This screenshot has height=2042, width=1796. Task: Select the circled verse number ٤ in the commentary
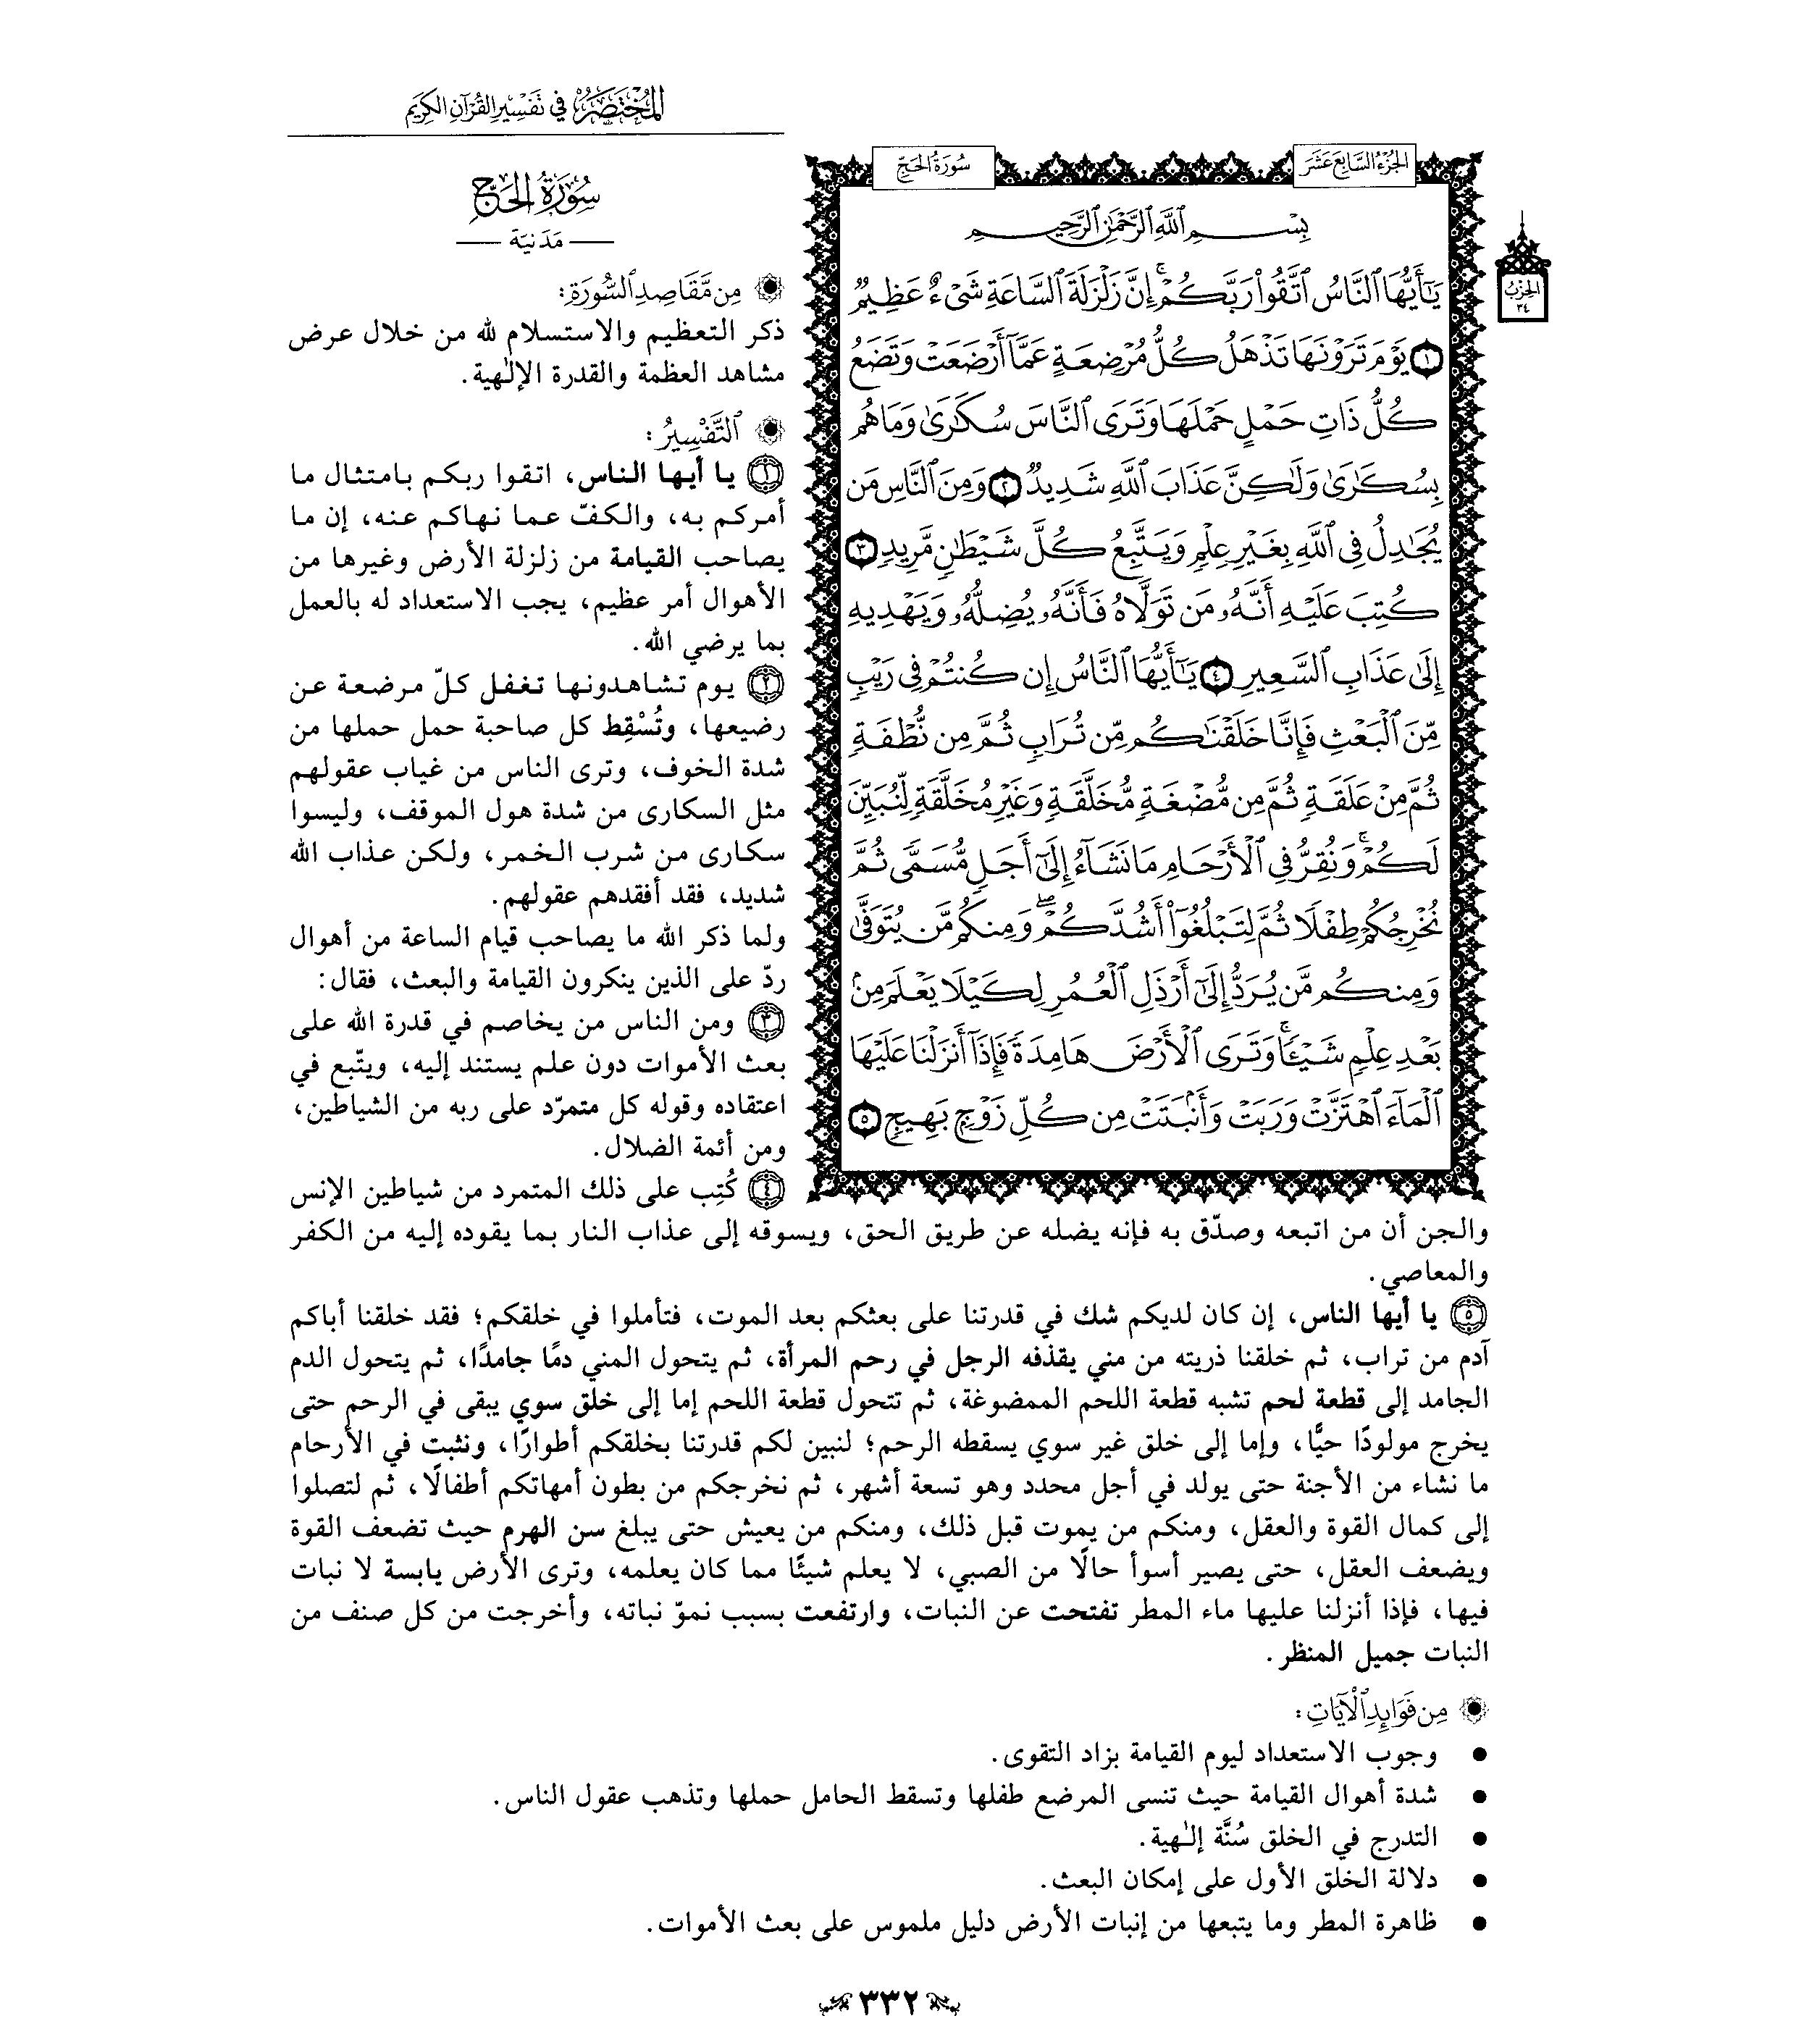point(768,1190)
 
